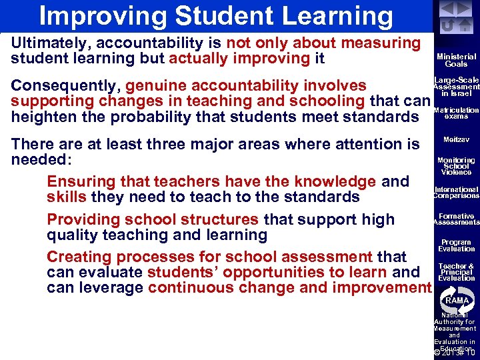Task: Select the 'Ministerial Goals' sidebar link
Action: pos(456,61)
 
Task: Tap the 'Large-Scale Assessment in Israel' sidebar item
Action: pos(456,86)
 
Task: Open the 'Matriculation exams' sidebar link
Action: pos(456,113)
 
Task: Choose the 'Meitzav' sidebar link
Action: pos(456,139)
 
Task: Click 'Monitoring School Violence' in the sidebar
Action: pos(456,166)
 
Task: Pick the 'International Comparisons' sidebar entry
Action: pos(456,193)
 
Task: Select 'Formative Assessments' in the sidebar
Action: pos(456,219)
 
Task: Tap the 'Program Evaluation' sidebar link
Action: pos(456,245)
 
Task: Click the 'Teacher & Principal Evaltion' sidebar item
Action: pos(456,272)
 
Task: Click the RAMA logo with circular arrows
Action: pos(457,300)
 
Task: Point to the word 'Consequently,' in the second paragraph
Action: pos(66,86)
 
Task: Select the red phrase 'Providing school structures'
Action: pos(153,219)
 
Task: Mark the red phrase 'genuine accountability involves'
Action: pos(246,86)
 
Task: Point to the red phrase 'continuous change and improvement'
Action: pos(290,288)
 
